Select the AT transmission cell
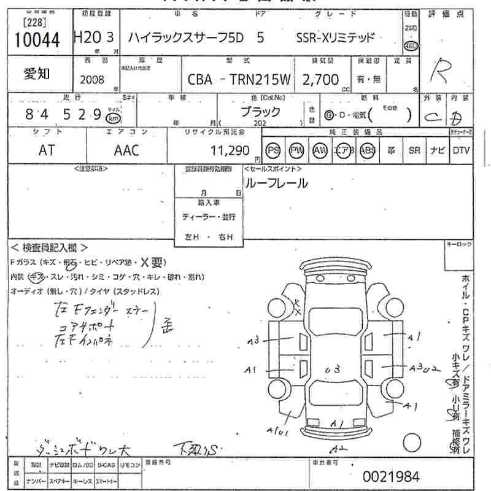tap(47, 150)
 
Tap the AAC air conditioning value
tap(126, 150)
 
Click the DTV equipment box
tap(461, 151)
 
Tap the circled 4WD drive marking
tap(411, 47)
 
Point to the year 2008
tap(92, 80)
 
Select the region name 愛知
tap(37, 74)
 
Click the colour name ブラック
tap(261, 112)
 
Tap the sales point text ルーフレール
tap(276, 183)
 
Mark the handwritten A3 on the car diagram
tap(254, 339)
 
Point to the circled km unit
tap(112, 118)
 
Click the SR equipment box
tap(414, 151)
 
